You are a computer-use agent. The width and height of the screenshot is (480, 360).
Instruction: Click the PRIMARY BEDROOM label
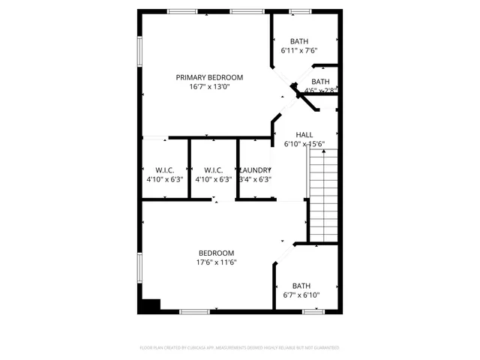click(x=209, y=77)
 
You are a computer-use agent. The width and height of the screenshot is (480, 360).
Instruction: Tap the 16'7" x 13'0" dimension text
click(x=209, y=87)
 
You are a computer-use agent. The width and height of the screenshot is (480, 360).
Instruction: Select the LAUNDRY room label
click(x=255, y=169)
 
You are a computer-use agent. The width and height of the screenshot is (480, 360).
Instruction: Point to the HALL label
click(x=304, y=134)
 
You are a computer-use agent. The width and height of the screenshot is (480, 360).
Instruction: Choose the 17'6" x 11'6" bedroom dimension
click(x=216, y=262)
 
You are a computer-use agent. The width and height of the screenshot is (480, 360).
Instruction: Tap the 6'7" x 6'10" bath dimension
click(x=301, y=295)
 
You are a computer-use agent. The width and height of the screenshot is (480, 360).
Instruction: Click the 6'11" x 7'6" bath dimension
click(x=299, y=51)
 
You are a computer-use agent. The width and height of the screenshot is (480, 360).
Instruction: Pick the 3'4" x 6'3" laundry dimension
click(x=255, y=179)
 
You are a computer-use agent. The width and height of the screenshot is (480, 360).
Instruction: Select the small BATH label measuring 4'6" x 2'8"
click(x=320, y=82)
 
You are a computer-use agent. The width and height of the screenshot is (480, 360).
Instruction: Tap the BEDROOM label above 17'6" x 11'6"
click(x=216, y=253)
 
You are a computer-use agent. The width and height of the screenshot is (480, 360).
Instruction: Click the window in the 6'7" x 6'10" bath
click(x=313, y=311)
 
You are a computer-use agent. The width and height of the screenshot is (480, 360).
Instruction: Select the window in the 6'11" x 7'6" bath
click(x=300, y=11)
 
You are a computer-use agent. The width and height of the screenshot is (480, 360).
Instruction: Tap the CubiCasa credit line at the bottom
click(x=239, y=348)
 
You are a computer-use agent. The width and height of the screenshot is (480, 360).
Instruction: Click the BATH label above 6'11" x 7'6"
click(x=299, y=41)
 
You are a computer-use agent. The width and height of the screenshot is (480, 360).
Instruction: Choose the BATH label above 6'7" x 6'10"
click(x=301, y=285)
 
